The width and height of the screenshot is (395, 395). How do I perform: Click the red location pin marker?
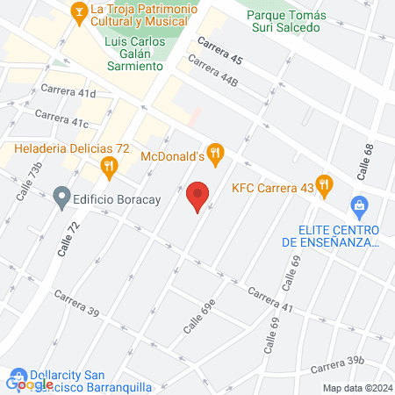pos(198,196)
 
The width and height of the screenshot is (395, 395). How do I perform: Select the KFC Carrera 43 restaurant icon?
pos(325,185)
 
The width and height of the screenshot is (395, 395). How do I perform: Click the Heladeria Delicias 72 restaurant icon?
pos(108,165)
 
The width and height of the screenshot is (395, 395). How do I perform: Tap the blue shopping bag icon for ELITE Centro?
pos(358,207)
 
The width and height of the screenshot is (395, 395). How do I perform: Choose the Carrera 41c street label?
pos(62,118)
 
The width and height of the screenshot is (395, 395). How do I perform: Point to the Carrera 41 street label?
pos(269,298)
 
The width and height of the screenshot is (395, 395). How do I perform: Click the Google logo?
pos(30,383)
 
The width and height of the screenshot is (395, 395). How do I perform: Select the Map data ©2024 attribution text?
pos(355,388)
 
